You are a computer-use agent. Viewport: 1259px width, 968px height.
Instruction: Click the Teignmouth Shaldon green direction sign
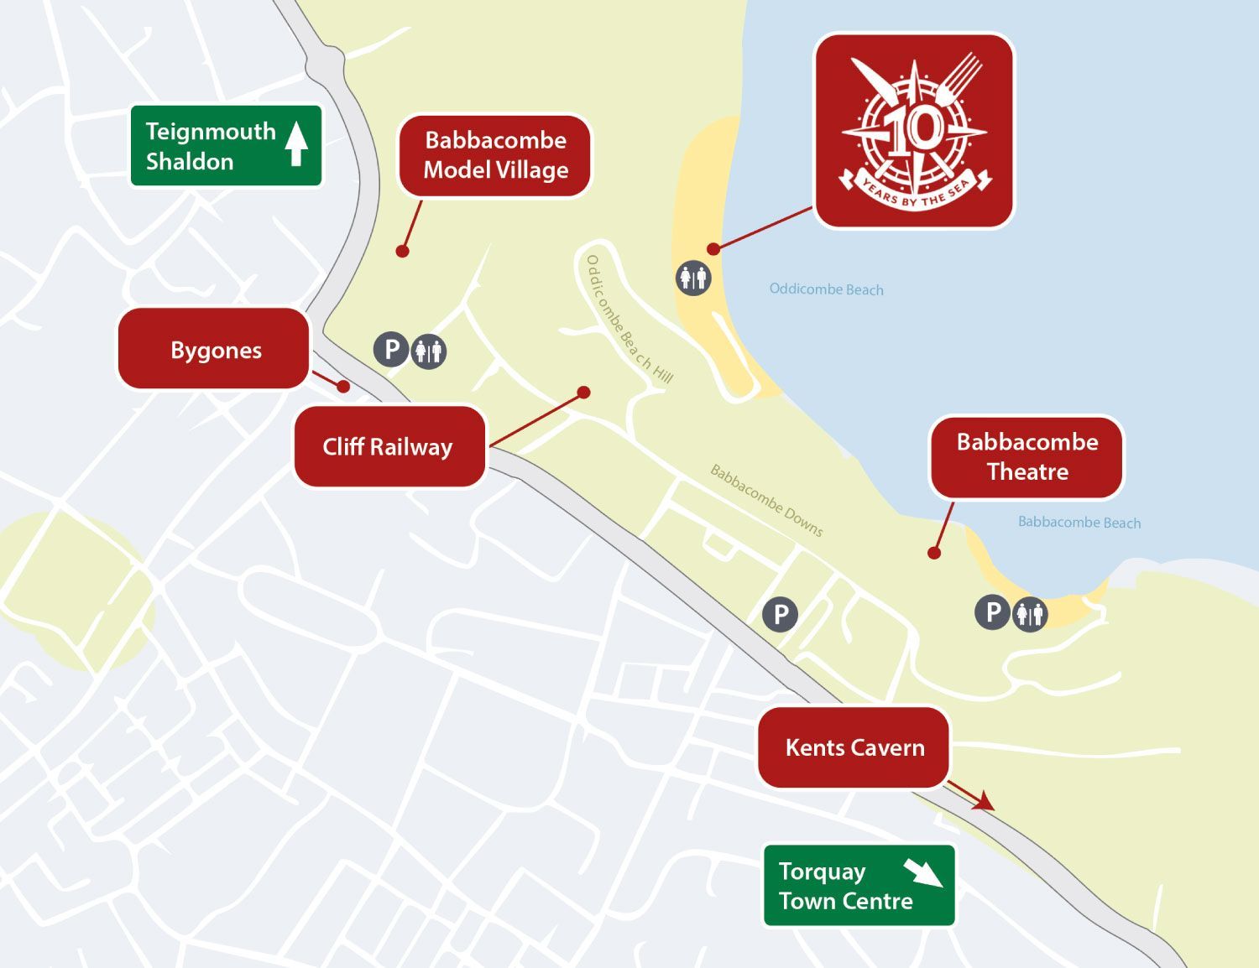(x=225, y=145)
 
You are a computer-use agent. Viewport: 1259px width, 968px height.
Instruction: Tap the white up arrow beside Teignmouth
(x=295, y=143)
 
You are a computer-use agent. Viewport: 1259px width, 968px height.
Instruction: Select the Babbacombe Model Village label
(x=495, y=155)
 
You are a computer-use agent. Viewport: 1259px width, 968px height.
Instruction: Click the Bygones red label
(x=215, y=349)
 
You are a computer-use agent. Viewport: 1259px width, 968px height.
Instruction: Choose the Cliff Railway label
(x=388, y=446)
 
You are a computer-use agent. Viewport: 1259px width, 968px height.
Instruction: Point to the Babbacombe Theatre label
(x=1027, y=457)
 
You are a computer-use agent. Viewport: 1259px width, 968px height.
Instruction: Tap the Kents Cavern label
(x=854, y=747)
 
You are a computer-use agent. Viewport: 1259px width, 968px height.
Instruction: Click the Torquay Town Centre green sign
(x=858, y=886)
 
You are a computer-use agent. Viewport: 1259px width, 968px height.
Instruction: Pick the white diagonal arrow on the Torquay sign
(x=922, y=872)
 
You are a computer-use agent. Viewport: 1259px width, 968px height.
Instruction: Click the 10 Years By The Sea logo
(x=914, y=131)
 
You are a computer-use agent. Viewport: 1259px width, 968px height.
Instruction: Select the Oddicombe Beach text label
(x=826, y=289)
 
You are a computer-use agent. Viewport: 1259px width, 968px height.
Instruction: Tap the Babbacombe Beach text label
(x=1079, y=523)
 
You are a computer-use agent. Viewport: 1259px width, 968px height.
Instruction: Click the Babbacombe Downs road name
(x=766, y=501)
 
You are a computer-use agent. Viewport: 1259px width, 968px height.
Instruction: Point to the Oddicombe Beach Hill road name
(x=629, y=320)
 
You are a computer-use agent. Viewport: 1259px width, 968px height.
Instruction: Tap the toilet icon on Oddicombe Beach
(x=693, y=277)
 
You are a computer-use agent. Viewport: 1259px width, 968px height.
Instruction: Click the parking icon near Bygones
(x=391, y=348)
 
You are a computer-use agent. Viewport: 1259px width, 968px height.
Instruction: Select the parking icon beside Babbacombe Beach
(x=992, y=612)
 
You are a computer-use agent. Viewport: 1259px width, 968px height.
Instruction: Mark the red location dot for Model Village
(x=403, y=251)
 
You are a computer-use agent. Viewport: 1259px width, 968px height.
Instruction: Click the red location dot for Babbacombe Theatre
(x=933, y=553)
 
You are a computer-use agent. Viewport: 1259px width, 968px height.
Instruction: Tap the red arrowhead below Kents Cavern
(x=983, y=802)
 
